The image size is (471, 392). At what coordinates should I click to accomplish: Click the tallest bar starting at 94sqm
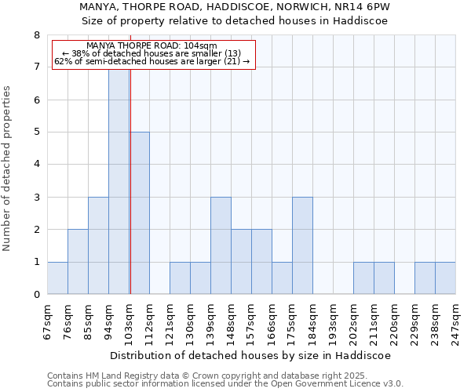tap(119, 180)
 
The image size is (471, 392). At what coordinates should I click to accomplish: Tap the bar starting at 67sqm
tap(57, 278)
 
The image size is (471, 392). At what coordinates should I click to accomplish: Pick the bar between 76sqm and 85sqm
tap(78, 262)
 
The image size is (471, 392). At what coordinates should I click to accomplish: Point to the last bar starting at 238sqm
tap(445, 278)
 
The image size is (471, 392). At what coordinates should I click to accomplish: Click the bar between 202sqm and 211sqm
tap(363, 278)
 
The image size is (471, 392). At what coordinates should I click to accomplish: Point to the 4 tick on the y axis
tap(36, 165)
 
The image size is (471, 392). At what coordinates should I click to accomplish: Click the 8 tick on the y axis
tap(36, 35)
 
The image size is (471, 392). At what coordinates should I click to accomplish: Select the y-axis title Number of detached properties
tap(8, 169)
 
